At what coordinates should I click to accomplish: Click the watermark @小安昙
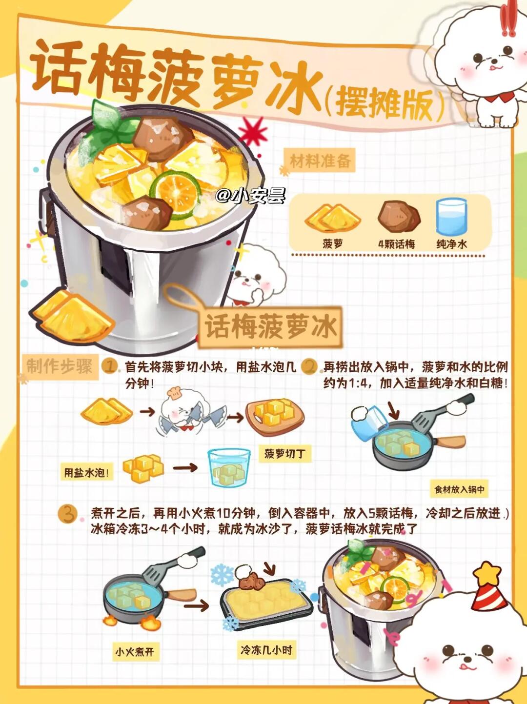[x=250, y=195]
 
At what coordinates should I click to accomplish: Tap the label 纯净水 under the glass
[x=452, y=244]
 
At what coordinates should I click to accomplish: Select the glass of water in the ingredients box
[x=451, y=217]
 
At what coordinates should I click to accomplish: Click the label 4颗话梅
[x=396, y=244]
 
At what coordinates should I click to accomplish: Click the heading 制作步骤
[x=60, y=366]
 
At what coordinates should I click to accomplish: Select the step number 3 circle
[x=68, y=514]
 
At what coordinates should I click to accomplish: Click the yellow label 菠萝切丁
[x=285, y=454]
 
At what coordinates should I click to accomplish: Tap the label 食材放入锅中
[x=459, y=489]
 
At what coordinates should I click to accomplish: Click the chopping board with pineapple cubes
[x=275, y=417]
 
